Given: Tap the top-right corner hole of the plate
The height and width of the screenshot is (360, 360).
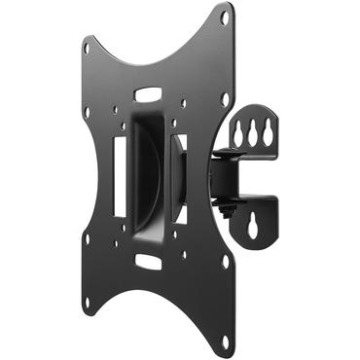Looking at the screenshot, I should click(x=225, y=18).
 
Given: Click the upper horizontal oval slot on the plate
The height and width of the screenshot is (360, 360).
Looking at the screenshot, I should click(x=148, y=95).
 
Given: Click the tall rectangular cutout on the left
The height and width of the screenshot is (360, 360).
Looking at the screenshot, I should click(x=119, y=174).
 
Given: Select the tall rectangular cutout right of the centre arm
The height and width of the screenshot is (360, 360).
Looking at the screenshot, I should click(x=179, y=180).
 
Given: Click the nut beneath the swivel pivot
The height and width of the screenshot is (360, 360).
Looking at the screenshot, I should click(x=230, y=210).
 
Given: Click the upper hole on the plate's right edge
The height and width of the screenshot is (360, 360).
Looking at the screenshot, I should click(x=225, y=97).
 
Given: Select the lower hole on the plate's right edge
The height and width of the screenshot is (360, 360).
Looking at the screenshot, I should click(x=225, y=261).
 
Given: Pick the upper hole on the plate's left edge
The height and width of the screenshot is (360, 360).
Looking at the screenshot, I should click(x=88, y=113).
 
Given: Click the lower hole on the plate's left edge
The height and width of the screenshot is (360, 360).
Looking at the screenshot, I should click(x=87, y=236).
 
